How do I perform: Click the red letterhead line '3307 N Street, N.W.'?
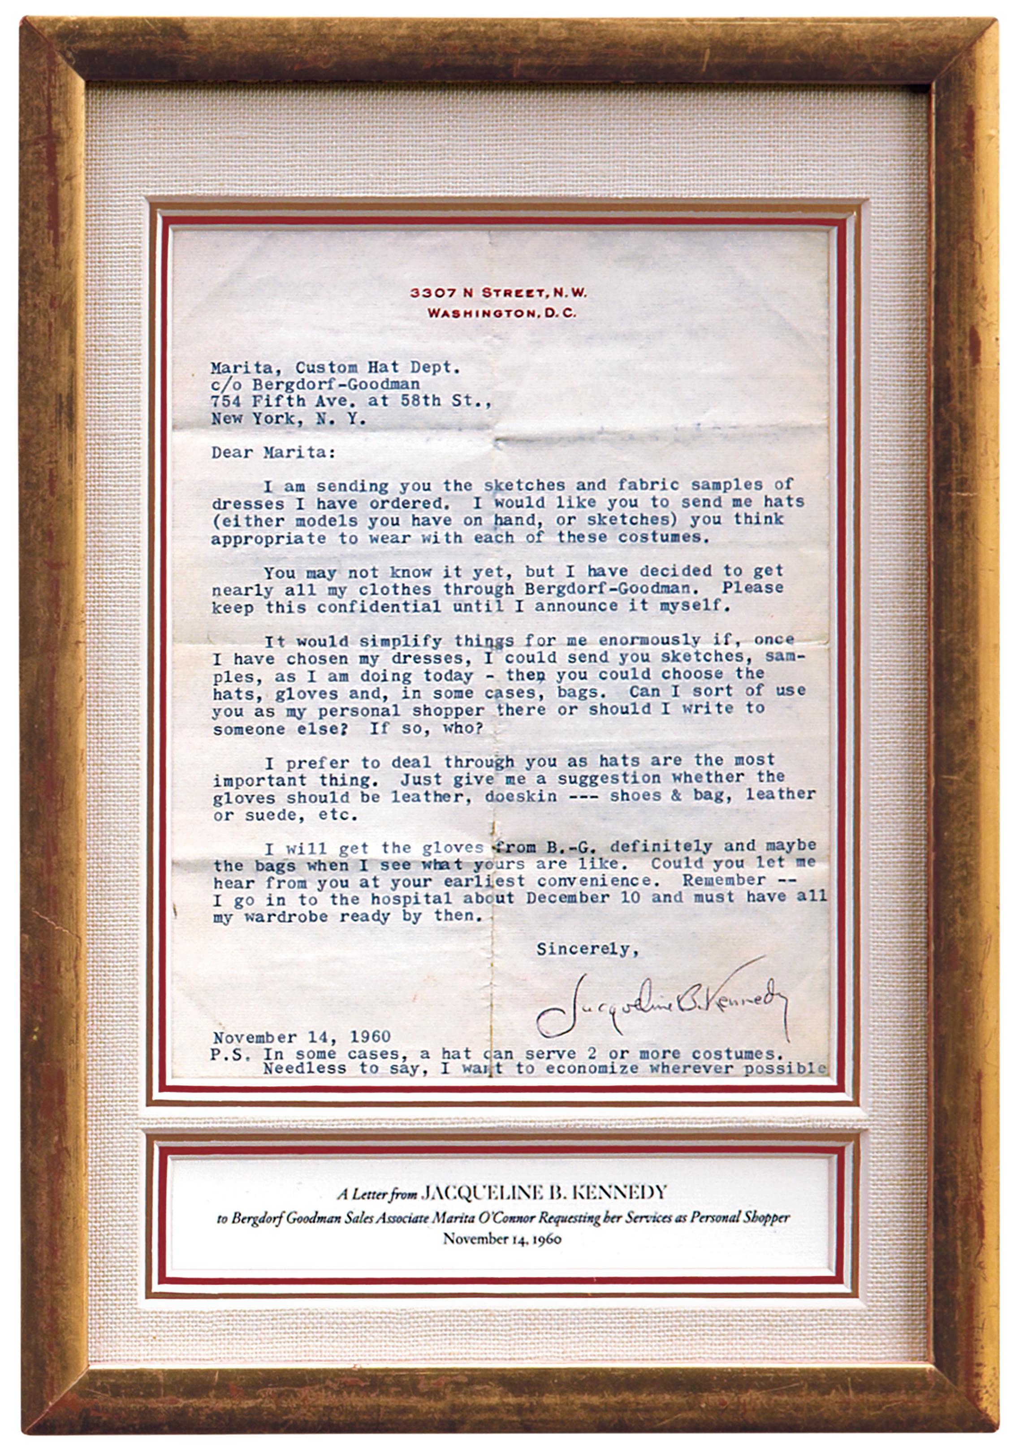pyautogui.click(x=498, y=293)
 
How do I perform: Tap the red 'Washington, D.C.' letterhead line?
pyautogui.click(x=501, y=313)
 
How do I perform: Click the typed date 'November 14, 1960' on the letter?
pyautogui.click(x=302, y=1037)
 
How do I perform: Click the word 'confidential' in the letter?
pyautogui.click(x=378, y=606)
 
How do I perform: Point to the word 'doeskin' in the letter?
pyautogui.click(x=521, y=796)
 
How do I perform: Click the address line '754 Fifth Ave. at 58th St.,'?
pyautogui.click(x=351, y=401)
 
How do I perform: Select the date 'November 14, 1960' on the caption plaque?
pyautogui.click(x=502, y=1238)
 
